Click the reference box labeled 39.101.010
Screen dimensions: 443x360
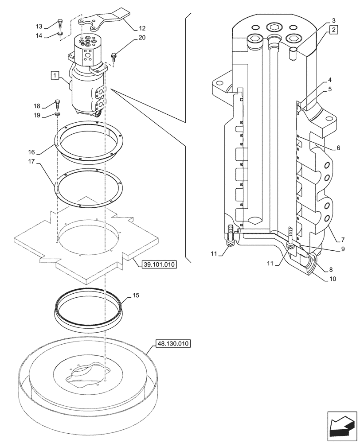(159, 265)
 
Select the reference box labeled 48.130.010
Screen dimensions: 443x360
(173, 343)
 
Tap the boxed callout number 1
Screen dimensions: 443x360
(55, 76)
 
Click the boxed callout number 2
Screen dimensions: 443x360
(334, 30)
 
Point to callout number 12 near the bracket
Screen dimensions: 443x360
(142, 28)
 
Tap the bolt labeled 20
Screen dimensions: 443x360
(114, 56)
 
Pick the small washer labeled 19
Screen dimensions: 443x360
(58, 115)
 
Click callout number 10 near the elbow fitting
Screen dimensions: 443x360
(333, 279)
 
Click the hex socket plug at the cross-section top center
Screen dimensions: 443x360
(274, 28)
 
